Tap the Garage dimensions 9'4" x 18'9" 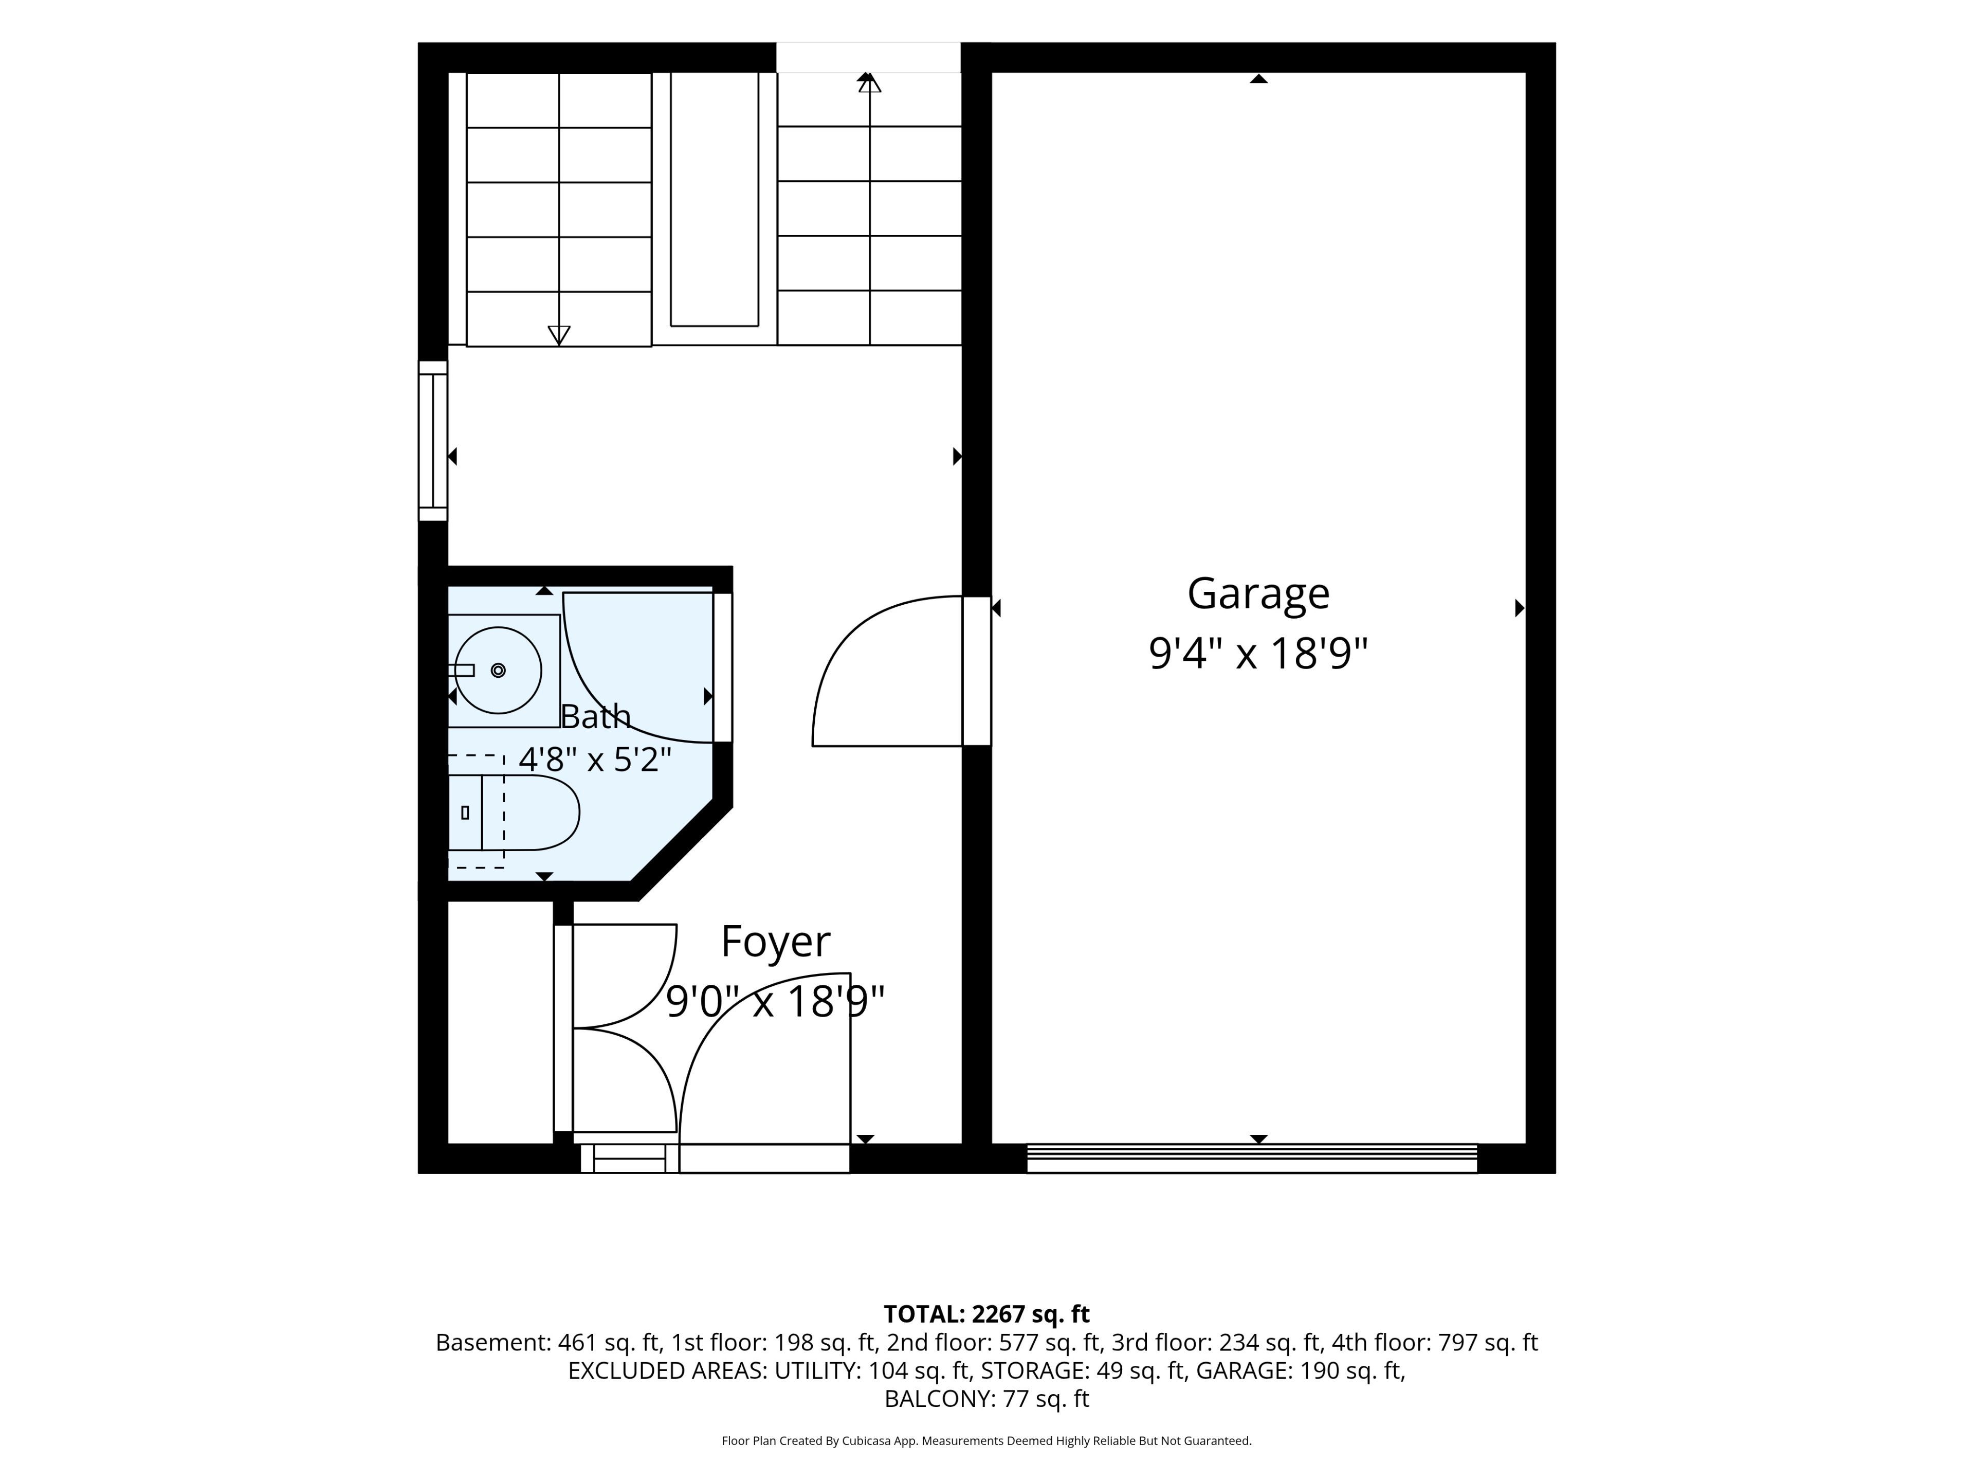point(1258,654)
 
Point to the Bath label point(595,716)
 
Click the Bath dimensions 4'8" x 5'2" point(595,760)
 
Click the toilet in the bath point(513,812)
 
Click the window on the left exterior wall point(433,441)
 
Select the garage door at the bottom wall point(1252,1158)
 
